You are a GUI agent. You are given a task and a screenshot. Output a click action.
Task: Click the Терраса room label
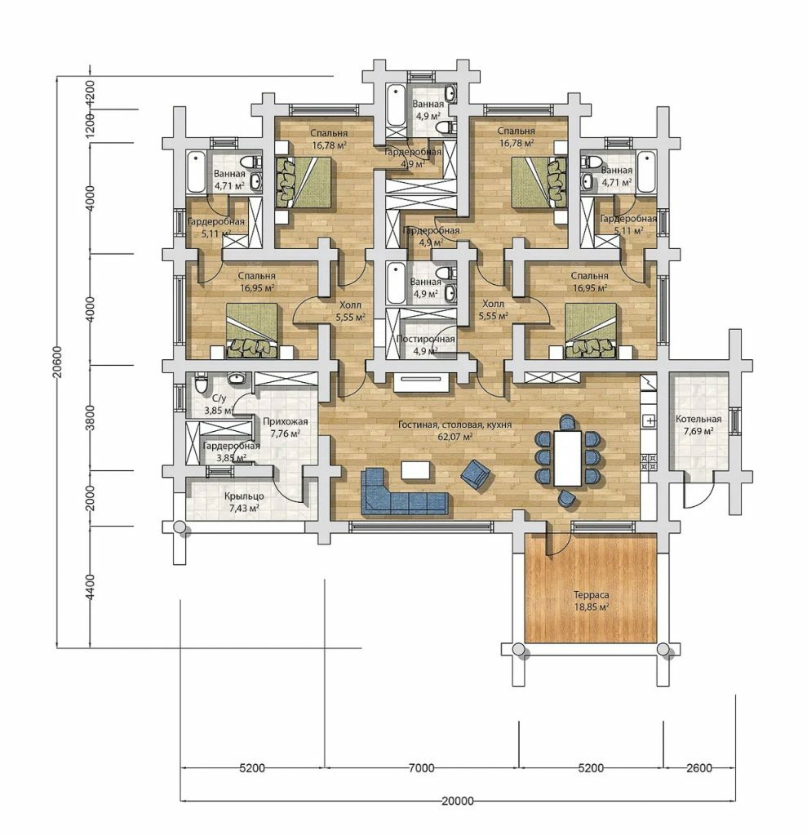click(x=591, y=595)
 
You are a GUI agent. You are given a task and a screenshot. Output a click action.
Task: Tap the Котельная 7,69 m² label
click(x=698, y=425)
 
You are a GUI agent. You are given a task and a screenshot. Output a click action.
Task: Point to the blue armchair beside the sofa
click(x=476, y=474)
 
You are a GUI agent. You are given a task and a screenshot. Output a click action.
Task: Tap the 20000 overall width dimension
click(x=457, y=801)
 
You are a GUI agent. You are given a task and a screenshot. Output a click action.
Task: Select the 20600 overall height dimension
click(x=58, y=362)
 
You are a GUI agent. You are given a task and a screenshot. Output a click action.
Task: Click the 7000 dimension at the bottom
click(x=421, y=768)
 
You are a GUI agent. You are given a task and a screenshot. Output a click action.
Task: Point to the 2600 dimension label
click(x=698, y=768)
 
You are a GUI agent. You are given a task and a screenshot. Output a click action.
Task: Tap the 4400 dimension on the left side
click(x=90, y=587)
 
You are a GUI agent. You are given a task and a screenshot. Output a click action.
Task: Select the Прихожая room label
click(x=285, y=422)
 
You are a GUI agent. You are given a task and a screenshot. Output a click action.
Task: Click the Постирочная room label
click(x=426, y=340)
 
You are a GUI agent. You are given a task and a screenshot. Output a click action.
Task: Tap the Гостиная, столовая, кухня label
click(x=455, y=425)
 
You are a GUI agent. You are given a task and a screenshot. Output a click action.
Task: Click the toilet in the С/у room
click(x=201, y=383)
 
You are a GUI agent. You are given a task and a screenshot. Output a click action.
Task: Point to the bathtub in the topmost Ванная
click(x=396, y=104)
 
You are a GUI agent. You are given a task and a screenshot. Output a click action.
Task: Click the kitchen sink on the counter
click(x=650, y=420)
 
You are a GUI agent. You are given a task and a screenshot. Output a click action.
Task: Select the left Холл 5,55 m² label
click(x=350, y=311)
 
